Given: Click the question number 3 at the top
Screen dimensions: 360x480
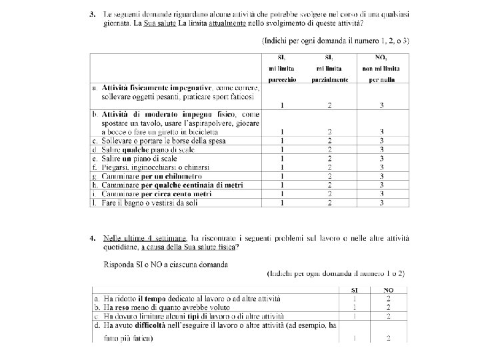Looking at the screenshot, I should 93,14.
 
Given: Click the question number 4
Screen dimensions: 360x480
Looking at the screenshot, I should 93,238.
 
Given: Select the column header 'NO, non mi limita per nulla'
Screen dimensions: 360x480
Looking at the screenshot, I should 381,68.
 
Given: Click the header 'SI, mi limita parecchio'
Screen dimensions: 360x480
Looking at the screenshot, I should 283,68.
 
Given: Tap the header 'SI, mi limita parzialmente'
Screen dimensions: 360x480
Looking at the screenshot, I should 329,68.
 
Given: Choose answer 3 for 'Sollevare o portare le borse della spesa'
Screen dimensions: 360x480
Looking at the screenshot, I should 381,141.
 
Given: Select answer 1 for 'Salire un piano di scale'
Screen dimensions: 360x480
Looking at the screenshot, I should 283,159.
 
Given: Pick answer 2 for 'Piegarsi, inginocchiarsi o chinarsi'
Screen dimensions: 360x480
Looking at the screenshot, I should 329,167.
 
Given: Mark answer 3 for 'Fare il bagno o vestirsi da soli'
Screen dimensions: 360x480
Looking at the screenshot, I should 381,202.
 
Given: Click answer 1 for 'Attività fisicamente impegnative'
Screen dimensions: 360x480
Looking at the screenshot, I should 283,105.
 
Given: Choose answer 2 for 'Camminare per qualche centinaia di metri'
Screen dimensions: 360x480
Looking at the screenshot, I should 329,185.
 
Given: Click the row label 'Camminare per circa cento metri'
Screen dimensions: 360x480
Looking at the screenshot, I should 157,193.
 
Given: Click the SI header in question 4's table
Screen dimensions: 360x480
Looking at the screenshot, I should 355,290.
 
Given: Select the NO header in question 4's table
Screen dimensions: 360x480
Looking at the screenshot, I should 389,290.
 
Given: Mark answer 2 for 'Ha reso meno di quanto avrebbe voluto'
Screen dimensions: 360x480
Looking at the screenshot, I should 389,307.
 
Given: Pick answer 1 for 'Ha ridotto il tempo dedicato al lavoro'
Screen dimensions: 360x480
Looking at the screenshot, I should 355,299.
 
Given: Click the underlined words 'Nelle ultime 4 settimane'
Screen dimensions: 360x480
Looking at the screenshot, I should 146,238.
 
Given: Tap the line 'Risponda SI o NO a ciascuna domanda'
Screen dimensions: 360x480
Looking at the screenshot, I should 165,264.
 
